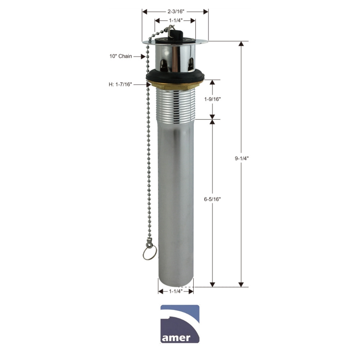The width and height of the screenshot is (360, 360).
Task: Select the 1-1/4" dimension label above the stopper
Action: (x=175, y=21)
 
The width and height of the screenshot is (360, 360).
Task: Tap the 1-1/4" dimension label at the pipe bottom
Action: (x=176, y=291)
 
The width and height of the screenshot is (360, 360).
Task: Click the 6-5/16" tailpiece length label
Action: (x=212, y=199)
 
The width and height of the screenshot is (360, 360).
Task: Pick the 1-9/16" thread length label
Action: (x=212, y=99)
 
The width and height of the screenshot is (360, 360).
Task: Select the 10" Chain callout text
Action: (x=121, y=56)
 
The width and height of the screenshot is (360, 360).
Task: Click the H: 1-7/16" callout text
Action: (x=120, y=84)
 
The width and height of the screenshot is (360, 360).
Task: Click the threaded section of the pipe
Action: (x=176, y=104)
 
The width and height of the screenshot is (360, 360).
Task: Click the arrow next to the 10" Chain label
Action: (x=140, y=56)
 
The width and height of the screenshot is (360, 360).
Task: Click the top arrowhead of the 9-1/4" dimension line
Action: (x=241, y=44)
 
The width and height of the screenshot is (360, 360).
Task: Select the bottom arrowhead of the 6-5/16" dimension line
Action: (x=212, y=284)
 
